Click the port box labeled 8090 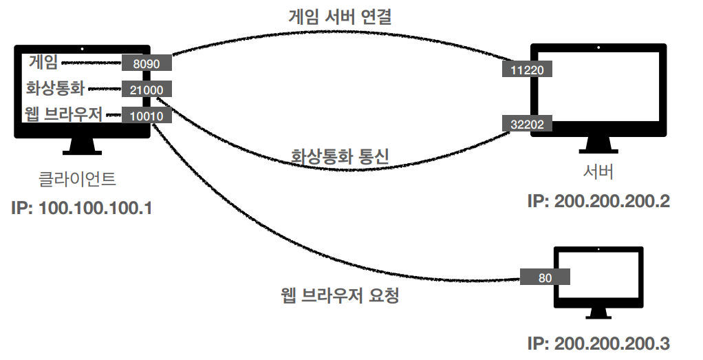147,63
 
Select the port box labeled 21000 147,89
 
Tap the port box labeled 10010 147,116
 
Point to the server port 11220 528,70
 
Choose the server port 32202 528,125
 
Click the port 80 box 545,277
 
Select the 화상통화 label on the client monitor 54,89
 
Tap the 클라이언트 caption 77,180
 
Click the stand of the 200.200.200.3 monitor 599,312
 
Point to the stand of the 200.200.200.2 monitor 598,145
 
